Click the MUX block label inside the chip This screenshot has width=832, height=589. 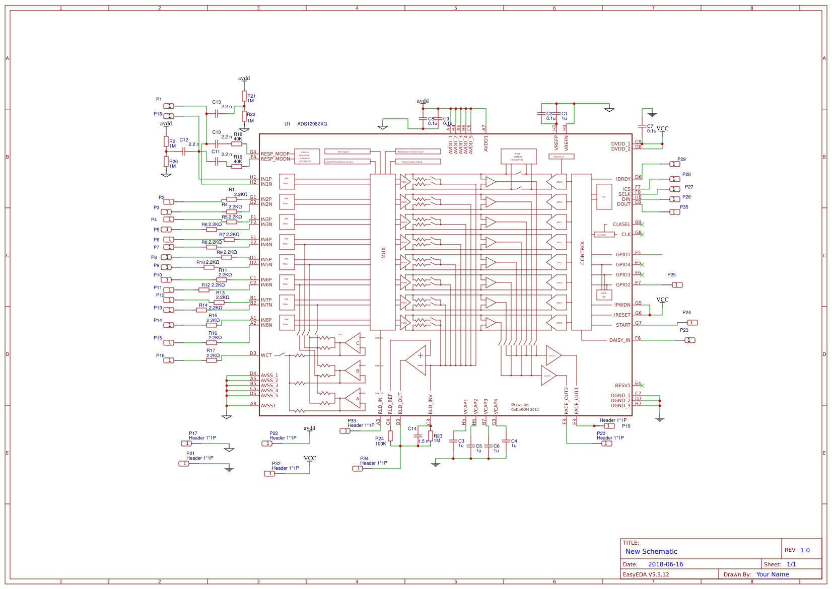[x=383, y=253]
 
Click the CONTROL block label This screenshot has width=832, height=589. [x=583, y=252]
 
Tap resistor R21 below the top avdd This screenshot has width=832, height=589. [x=244, y=96]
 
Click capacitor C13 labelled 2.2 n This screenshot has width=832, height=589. [x=216, y=114]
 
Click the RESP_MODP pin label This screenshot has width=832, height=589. [x=275, y=154]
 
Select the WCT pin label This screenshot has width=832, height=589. [x=266, y=355]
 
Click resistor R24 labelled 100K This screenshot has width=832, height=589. [x=390, y=436]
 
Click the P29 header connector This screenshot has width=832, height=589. [x=674, y=164]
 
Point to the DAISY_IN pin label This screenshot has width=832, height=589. [x=619, y=340]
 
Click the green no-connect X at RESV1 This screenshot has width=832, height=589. [x=642, y=386]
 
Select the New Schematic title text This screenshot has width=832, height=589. [x=651, y=552]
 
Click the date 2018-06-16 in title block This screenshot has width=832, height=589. [x=665, y=564]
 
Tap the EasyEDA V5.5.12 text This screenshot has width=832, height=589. [x=646, y=574]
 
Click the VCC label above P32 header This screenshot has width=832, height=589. [x=310, y=459]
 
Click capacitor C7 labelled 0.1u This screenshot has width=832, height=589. [x=642, y=126]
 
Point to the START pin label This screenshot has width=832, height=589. [x=623, y=325]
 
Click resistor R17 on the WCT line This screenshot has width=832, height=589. [x=212, y=360]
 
